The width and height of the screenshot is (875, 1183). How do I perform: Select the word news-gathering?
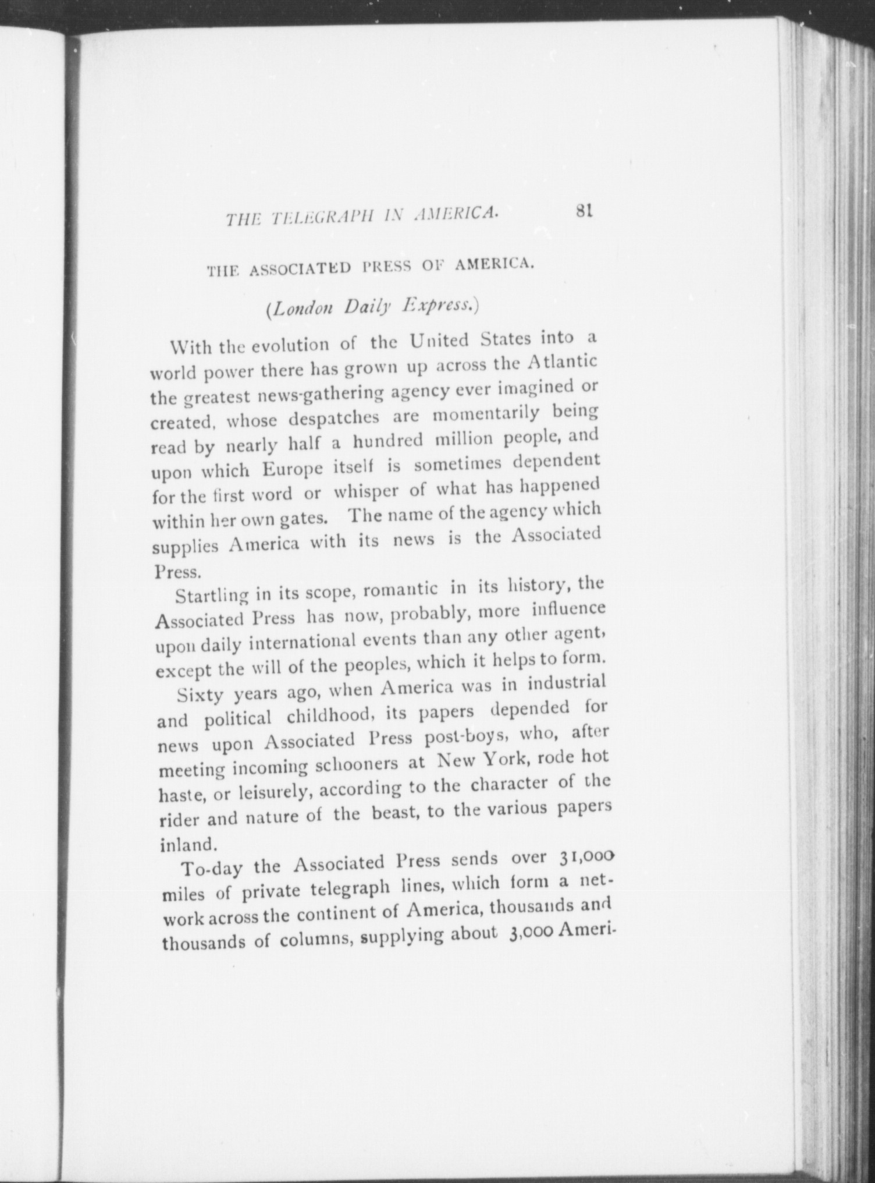coord(311,396)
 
